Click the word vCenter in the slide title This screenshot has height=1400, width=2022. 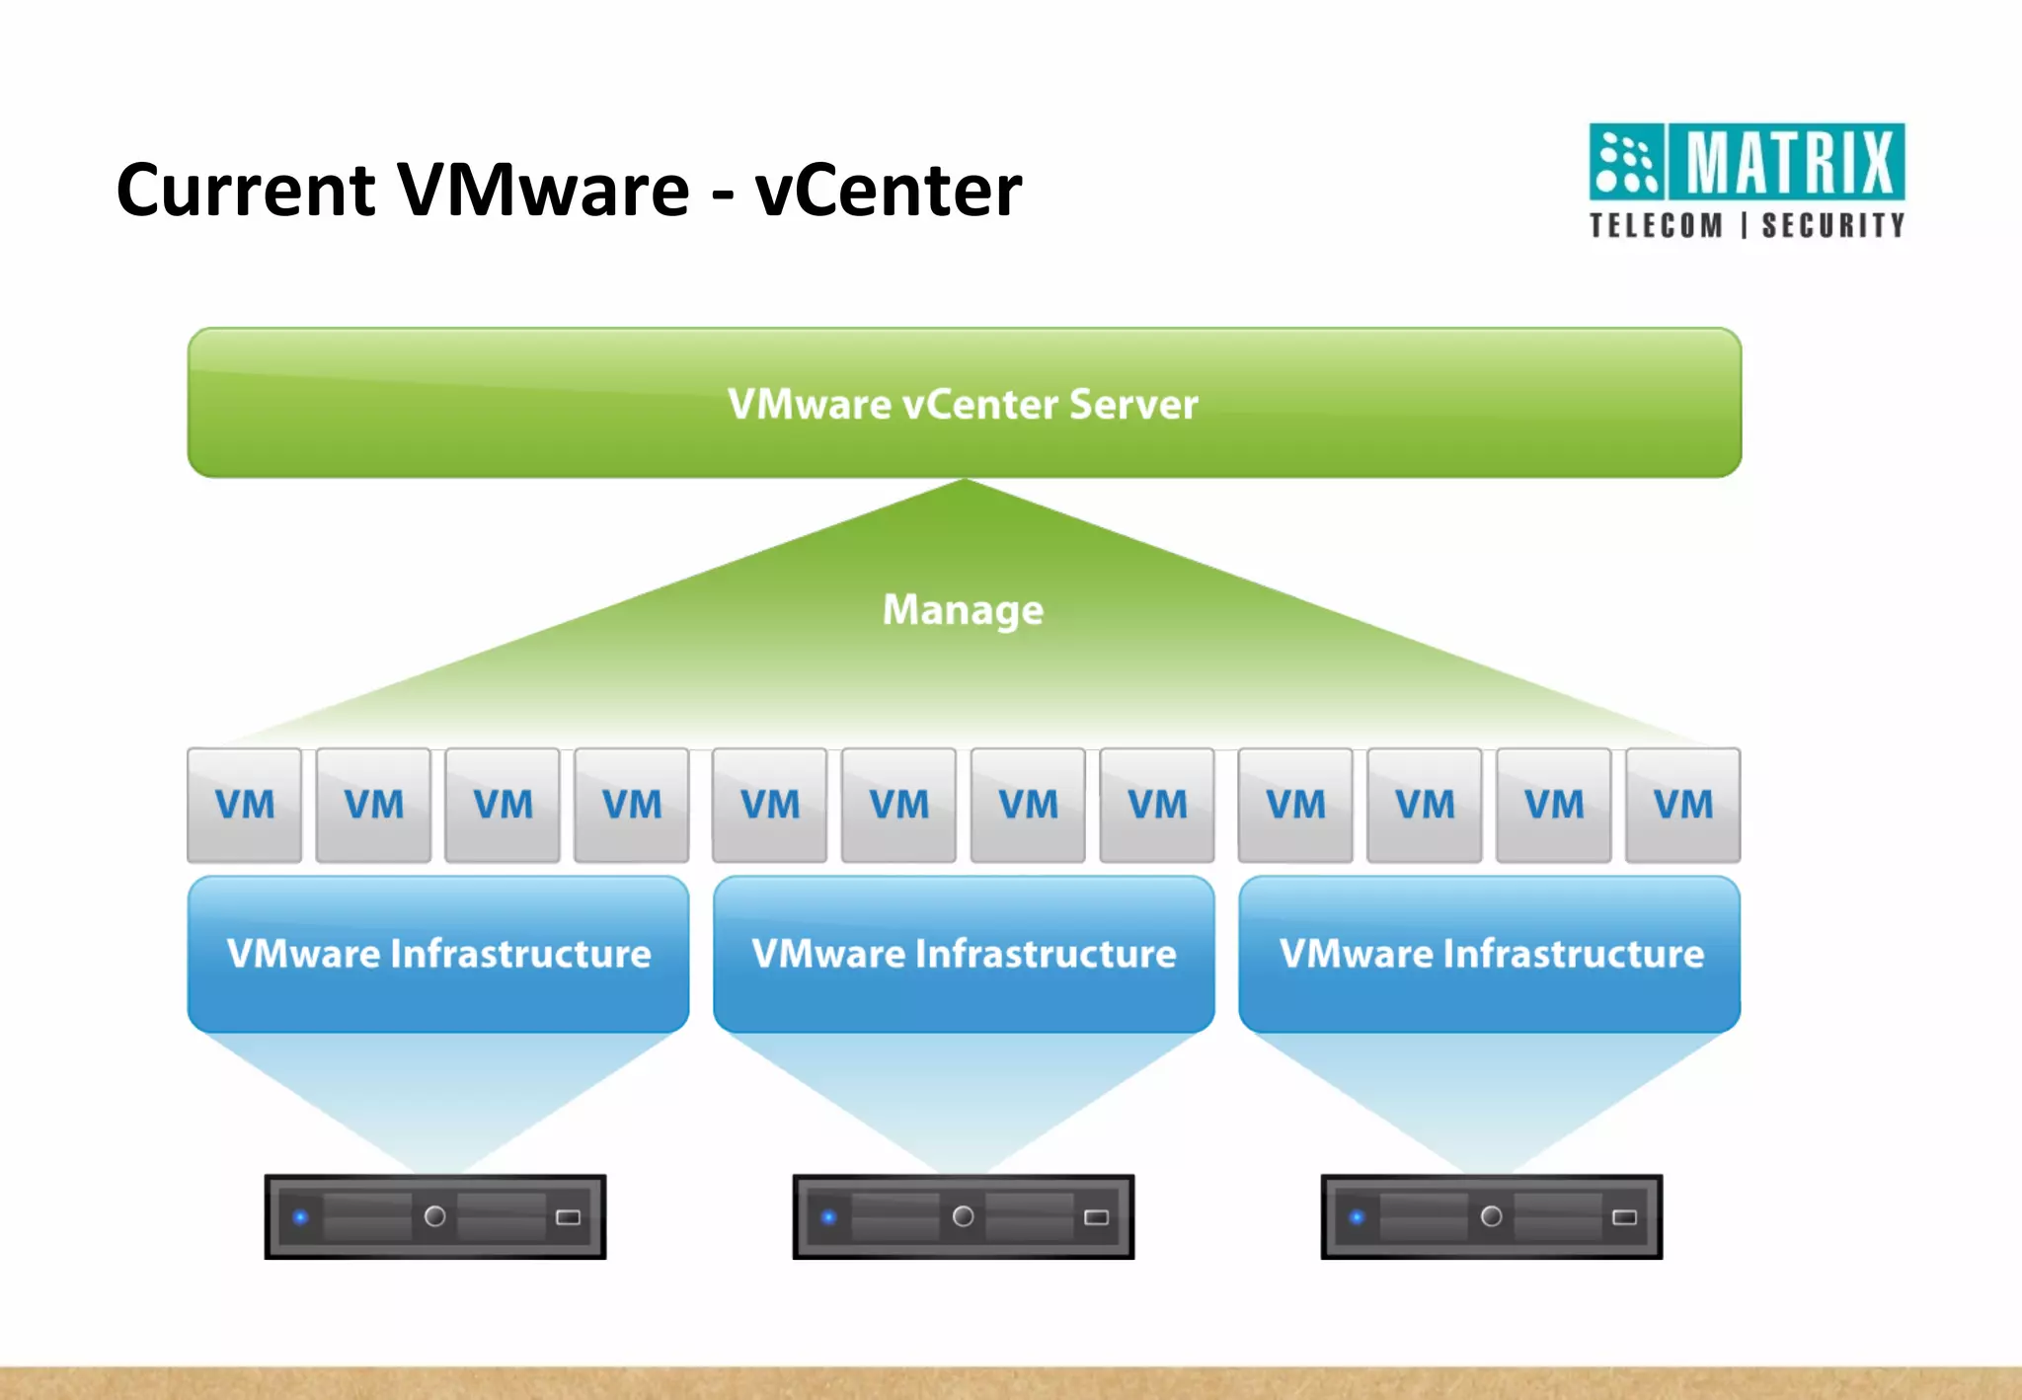click(888, 190)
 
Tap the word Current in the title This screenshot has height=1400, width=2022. click(246, 190)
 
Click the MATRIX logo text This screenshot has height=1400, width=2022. click(1788, 162)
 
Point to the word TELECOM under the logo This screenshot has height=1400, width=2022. click(1656, 226)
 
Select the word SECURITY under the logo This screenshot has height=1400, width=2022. click(1832, 226)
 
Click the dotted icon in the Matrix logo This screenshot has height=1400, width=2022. click(1627, 162)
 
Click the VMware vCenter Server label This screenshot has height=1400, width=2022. click(963, 404)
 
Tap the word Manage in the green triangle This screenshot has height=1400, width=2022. click(963, 609)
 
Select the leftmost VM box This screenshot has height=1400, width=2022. click(245, 805)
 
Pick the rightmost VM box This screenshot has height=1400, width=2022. click(1682, 805)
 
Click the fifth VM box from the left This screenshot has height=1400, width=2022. click(769, 805)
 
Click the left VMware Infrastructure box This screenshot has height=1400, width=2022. click(438, 954)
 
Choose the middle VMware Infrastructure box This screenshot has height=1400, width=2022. click(964, 954)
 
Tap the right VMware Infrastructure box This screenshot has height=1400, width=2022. click(1490, 954)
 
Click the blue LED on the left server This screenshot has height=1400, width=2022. click(301, 1216)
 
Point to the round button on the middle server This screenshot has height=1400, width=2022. click(963, 1216)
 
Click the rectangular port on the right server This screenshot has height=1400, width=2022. click(1624, 1216)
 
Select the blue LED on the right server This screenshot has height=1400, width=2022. click(1357, 1216)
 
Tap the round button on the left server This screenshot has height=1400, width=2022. click(434, 1216)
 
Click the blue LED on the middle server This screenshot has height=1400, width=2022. click(828, 1216)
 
